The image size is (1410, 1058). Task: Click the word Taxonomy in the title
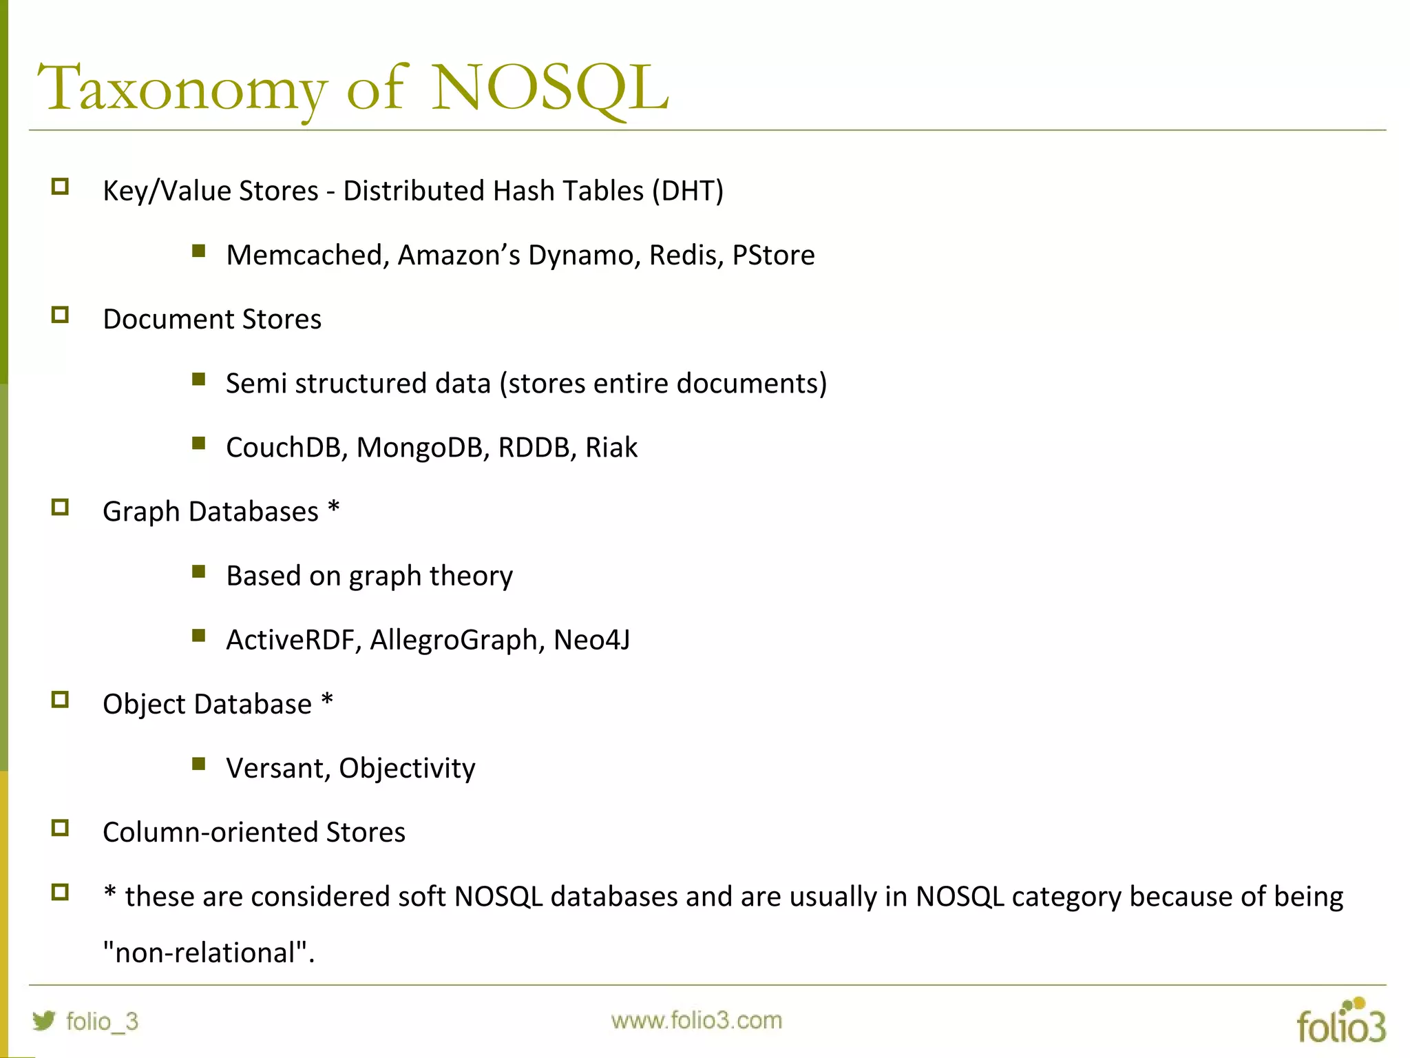pos(182,90)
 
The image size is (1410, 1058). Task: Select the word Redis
pos(686,255)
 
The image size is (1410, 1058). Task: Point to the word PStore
pos(773,255)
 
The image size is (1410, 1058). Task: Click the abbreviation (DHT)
pos(688,191)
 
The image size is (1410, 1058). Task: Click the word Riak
pos(611,448)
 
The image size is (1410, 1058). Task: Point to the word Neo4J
pos(591,640)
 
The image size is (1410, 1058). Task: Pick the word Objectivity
pos(407,769)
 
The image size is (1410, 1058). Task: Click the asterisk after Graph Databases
pos(334,508)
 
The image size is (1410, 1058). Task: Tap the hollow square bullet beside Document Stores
pos(61,315)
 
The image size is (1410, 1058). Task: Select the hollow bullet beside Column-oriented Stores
pos(61,828)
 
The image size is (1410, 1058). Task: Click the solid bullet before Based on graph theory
pos(199,571)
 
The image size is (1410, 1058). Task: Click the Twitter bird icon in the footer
pos(44,1020)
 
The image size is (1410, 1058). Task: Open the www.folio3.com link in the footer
pos(696,1020)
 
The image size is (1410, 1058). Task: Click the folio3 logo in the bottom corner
pos(1340,1022)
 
